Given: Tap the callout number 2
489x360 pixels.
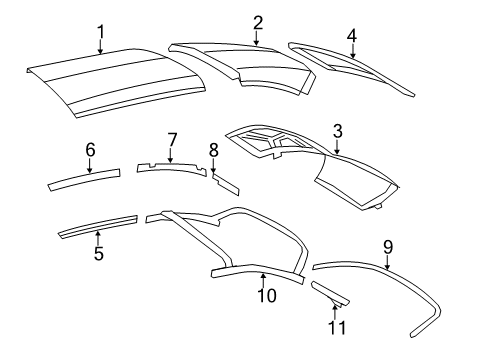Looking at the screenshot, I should (x=257, y=21).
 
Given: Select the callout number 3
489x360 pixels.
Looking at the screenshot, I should (x=338, y=130).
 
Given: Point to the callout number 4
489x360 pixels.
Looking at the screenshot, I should (x=352, y=35).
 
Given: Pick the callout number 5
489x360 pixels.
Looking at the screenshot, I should (x=98, y=253).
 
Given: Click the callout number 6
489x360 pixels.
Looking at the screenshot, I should (x=90, y=149).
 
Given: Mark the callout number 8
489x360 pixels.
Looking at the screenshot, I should (x=213, y=149).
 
